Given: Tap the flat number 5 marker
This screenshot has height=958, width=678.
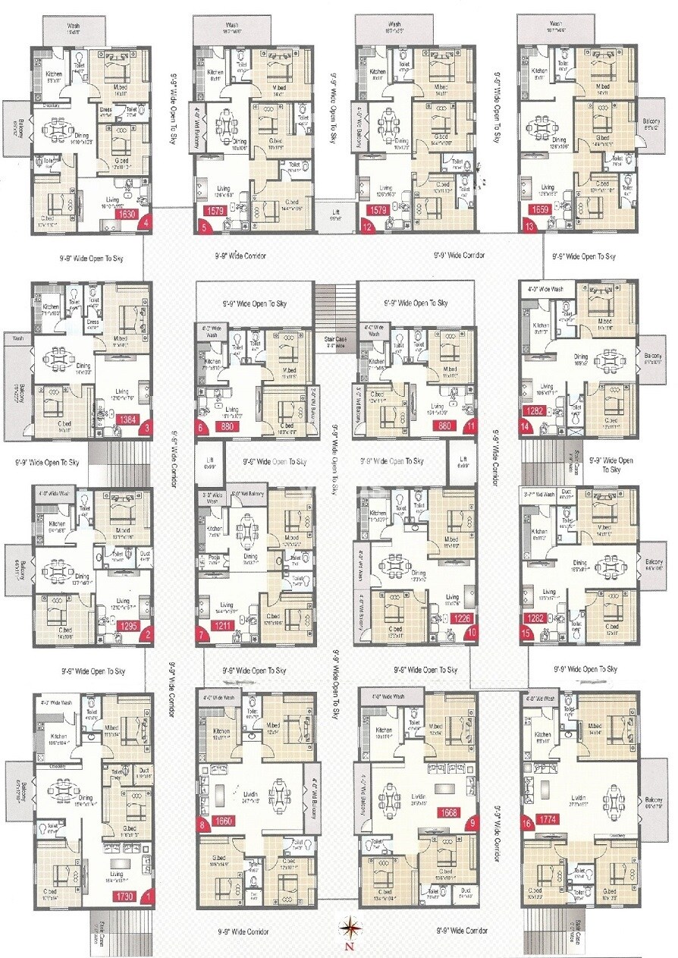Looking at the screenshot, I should coord(202,225).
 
